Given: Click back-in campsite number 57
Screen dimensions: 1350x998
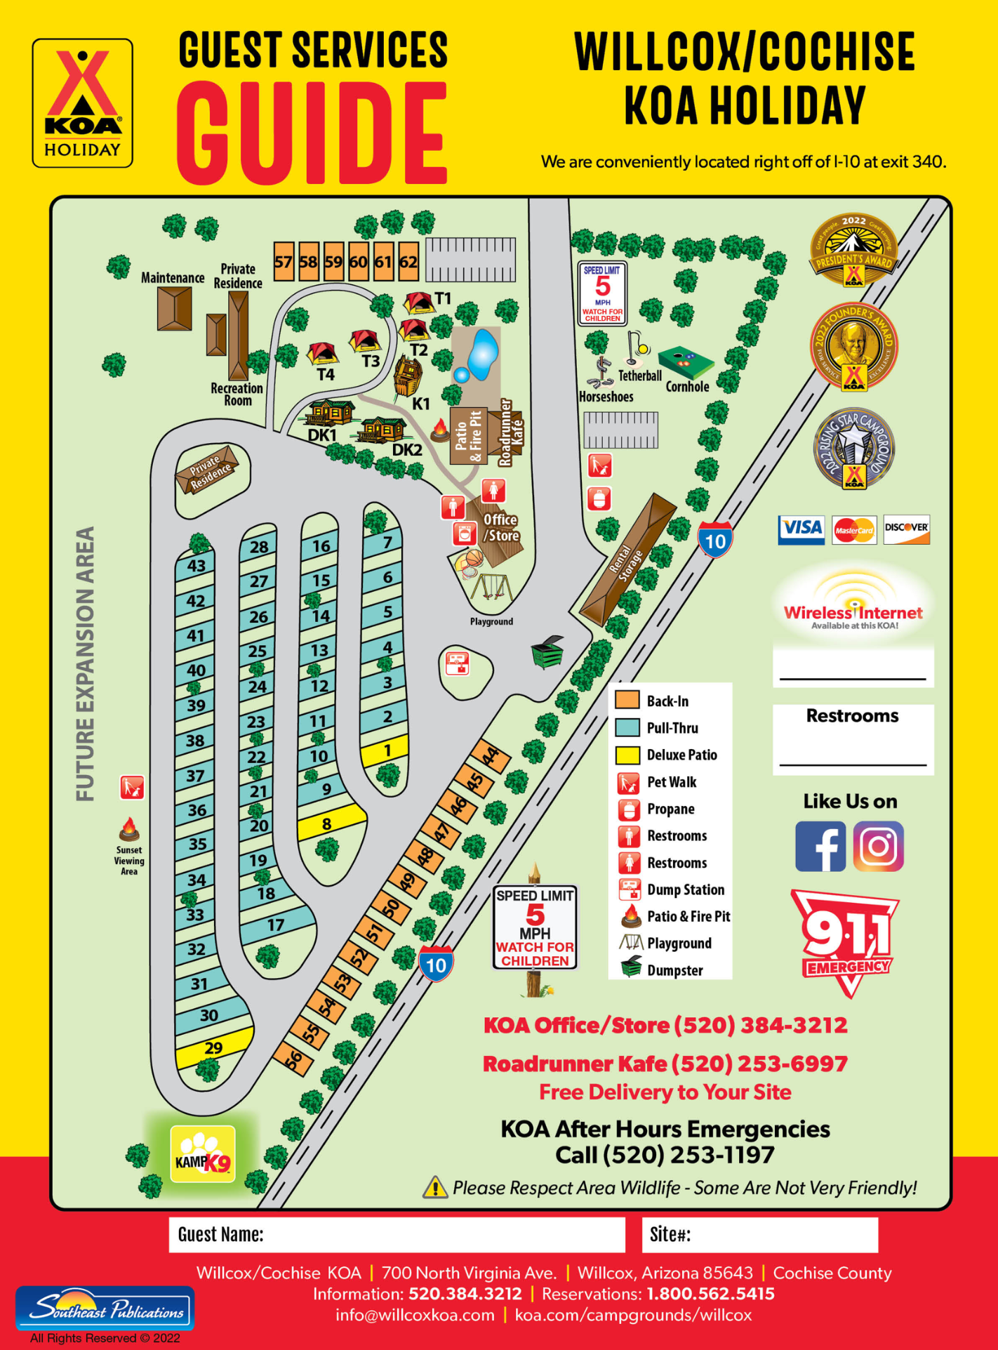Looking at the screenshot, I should [283, 262].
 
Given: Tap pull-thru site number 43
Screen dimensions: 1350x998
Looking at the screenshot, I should [196, 565].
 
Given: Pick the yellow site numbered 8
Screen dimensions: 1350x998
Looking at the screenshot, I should [328, 823].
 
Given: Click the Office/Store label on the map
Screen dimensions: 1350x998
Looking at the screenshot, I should [500, 527].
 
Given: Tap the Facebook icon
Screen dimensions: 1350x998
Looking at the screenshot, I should [820, 846].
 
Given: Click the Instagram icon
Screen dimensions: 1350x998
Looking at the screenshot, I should [878, 846].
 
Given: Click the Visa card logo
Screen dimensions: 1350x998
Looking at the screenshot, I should [801, 529].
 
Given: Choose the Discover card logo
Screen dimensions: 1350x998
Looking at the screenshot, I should [906, 529].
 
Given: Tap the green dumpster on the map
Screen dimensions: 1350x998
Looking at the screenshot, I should [547, 652].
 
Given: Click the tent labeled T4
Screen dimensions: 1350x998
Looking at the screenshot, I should [322, 352].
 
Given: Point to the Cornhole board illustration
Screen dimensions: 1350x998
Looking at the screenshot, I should [686, 362].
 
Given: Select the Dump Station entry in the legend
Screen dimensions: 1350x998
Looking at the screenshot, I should [685, 889].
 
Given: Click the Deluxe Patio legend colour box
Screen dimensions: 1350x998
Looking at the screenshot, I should [627, 755].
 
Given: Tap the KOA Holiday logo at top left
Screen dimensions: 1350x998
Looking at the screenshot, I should [82, 103].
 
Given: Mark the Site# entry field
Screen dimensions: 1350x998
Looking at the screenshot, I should [759, 1234].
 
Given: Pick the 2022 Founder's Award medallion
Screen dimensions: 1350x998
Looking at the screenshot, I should [853, 347].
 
